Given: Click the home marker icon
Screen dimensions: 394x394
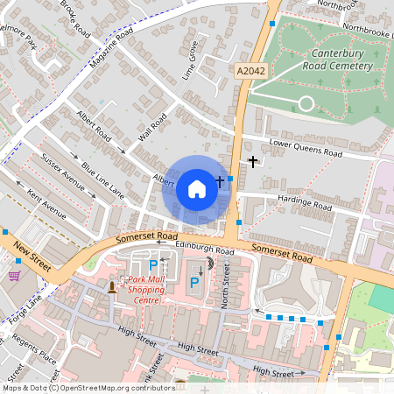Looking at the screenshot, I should (x=197, y=189).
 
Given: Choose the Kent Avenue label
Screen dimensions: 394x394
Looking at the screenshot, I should (x=46, y=203).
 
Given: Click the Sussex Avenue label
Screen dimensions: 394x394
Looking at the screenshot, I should (x=62, y=172).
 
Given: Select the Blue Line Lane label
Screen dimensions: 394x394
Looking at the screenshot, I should (x=103, y=179).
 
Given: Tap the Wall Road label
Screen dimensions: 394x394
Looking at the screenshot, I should (x=152, y=129).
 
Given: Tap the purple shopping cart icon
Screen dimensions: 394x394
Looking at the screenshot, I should (x=14, y=275).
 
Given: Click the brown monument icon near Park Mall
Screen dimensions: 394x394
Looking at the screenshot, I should (x=112, y=285).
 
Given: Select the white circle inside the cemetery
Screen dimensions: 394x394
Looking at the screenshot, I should (x=306, y=103).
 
